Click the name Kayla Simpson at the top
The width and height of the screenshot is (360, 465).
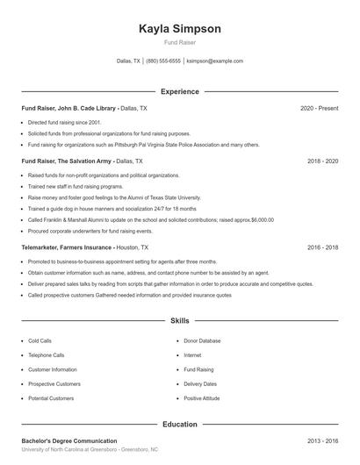180,29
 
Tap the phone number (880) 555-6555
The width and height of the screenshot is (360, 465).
163,61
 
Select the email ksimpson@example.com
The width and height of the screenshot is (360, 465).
215,61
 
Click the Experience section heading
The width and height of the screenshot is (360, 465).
179,91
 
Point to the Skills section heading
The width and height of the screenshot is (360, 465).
179,322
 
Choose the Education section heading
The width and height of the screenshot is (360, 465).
179,425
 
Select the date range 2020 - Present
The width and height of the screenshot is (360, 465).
319,108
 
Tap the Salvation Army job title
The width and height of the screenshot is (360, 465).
65,161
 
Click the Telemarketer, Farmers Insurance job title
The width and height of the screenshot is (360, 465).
67,247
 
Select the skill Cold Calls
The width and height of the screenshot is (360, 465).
40,340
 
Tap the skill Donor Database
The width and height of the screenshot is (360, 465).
202,340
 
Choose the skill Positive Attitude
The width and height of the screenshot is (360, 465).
202,398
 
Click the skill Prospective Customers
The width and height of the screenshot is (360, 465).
54,384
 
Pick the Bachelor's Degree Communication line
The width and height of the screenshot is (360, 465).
68,440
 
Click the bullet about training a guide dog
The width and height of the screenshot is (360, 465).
112,209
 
